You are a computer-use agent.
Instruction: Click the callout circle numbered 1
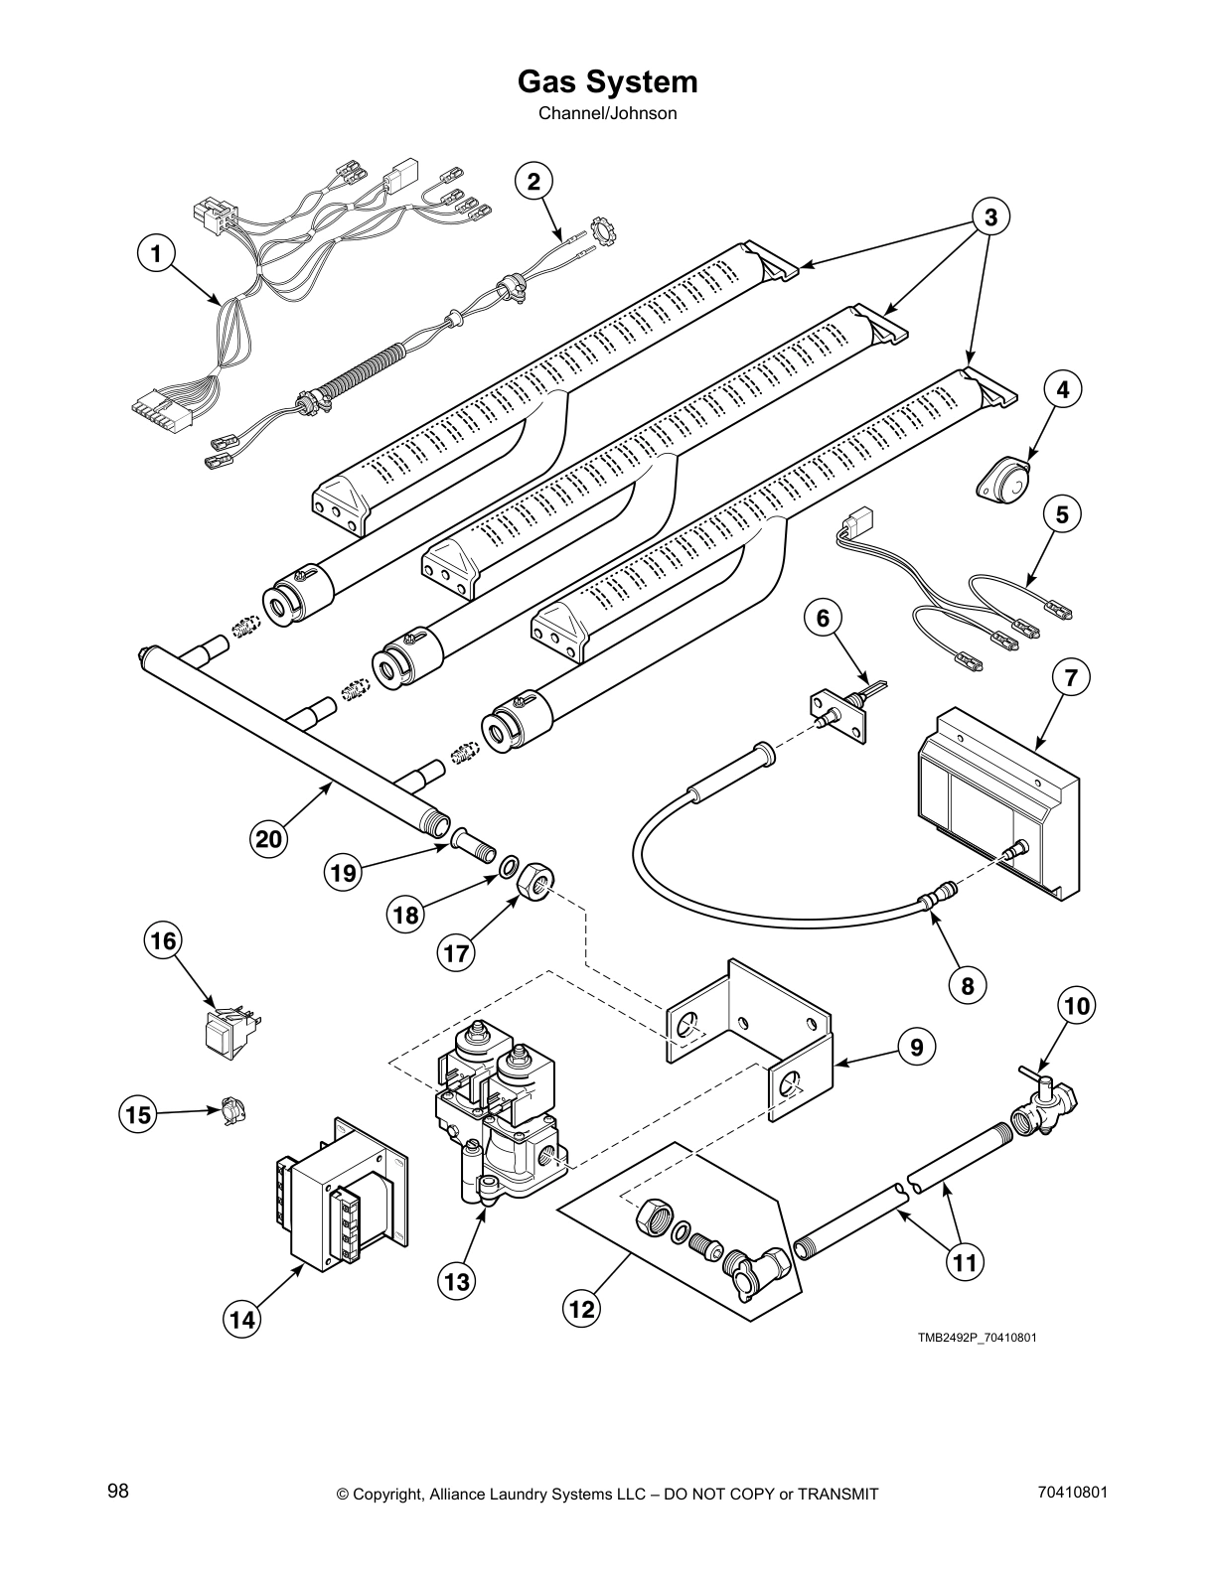(155, 254)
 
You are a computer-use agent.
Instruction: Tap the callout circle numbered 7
(1070, 679)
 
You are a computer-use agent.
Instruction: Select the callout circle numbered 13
(456, 1282)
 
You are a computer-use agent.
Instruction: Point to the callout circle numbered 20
(267, 839)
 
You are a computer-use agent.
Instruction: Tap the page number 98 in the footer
(117, 1492)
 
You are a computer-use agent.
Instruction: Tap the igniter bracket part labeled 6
(840, 706)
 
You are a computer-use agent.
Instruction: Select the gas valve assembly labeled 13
(497, 1122)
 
